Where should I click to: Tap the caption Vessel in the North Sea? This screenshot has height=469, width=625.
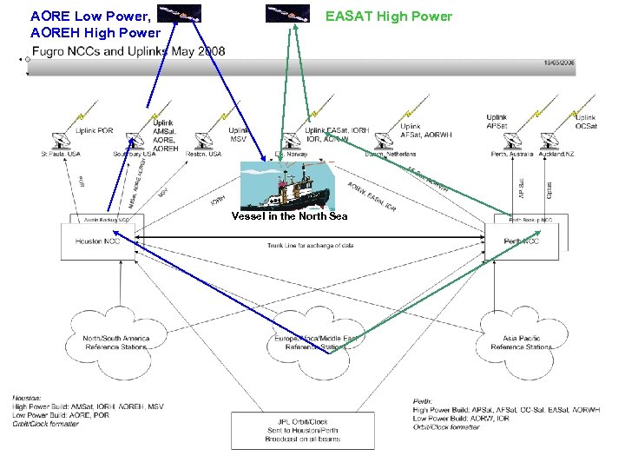pyautogui.click(x=289, y=216)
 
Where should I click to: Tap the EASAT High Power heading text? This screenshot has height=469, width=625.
pyautogui.click(x=388, y=16)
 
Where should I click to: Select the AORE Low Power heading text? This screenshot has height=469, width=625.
pyautogui.click(x=90, y=16)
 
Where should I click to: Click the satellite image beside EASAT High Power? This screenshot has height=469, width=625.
pyautogui.click(x=287, y=13)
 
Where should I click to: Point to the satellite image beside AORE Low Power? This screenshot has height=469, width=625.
pyautogui.click(x=180, y=13)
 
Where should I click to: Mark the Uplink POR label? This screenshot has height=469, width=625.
pyautogui.click(x=94, y=131)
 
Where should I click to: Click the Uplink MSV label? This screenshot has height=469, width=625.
pyautogui.click(x=238, y=135)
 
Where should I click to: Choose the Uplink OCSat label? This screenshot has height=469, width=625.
pyautogui.click(x=586, y=122)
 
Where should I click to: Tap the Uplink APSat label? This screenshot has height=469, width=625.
pyautogui.click(x=497, y=122)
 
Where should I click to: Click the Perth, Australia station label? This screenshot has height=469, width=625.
pyautogui.click(x=511, y=154)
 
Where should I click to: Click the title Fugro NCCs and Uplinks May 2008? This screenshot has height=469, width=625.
pyautogui.click(x=128, y=51)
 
